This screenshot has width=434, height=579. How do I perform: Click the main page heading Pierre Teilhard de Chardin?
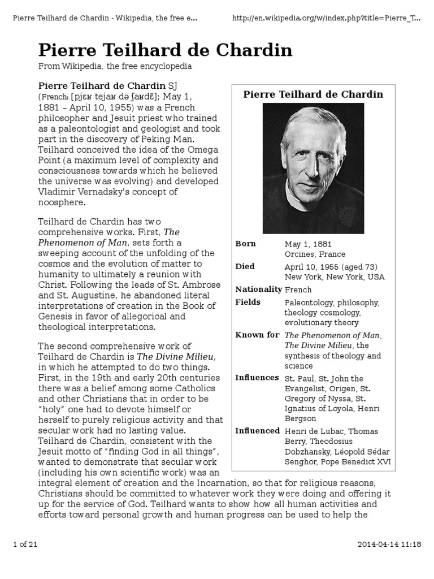coord(165,50)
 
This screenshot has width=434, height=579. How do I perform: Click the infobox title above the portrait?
coord(313,94)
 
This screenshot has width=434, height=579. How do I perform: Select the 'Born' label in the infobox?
coord(245,244)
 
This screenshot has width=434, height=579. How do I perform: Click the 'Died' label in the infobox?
coord(245,266)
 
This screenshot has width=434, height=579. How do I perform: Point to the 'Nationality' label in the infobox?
coord(258,289)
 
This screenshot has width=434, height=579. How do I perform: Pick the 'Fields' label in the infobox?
coord(248,302)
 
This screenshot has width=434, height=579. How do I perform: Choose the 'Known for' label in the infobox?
coord(257,335)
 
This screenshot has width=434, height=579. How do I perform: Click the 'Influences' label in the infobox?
coord(257,377)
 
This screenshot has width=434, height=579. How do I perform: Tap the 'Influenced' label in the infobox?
coord(258,431)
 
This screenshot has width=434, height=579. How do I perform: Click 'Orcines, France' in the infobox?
coord(315,254)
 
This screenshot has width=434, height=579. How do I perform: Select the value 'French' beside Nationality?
coord(298,289)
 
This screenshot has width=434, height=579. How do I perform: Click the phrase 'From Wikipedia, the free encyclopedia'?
coord(115,66)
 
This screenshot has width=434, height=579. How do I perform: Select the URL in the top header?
coord(327,19)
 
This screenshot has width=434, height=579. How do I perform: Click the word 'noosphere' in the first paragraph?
coord(62,202)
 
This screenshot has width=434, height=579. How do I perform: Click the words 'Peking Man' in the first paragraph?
coord(170,139)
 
